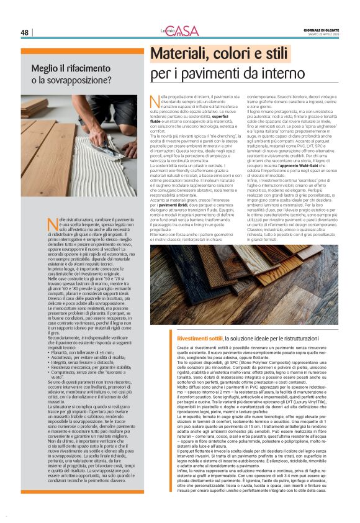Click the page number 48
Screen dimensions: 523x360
[24, 32]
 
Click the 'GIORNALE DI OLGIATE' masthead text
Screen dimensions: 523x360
[320, 29]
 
